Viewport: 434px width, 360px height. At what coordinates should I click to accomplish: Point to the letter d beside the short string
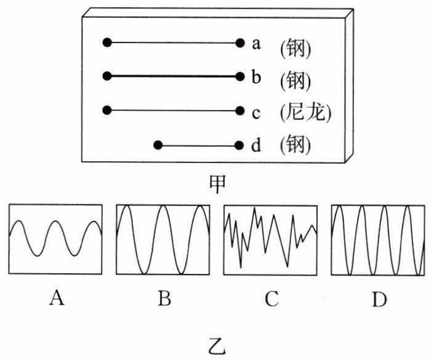coord(257,146)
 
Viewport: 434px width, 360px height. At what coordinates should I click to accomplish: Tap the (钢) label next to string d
coord(295,146)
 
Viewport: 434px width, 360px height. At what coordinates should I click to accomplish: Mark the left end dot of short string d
coord(158,146)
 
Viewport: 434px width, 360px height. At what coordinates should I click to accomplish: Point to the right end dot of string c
coord(239,111)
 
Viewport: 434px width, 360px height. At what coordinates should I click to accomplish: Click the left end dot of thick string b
coord(107,76)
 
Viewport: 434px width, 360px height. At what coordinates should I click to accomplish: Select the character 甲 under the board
coord(217,183)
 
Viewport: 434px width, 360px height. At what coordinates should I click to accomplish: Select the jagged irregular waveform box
coord(271,239)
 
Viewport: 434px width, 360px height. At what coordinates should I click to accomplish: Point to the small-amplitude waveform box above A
coord(55,239)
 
